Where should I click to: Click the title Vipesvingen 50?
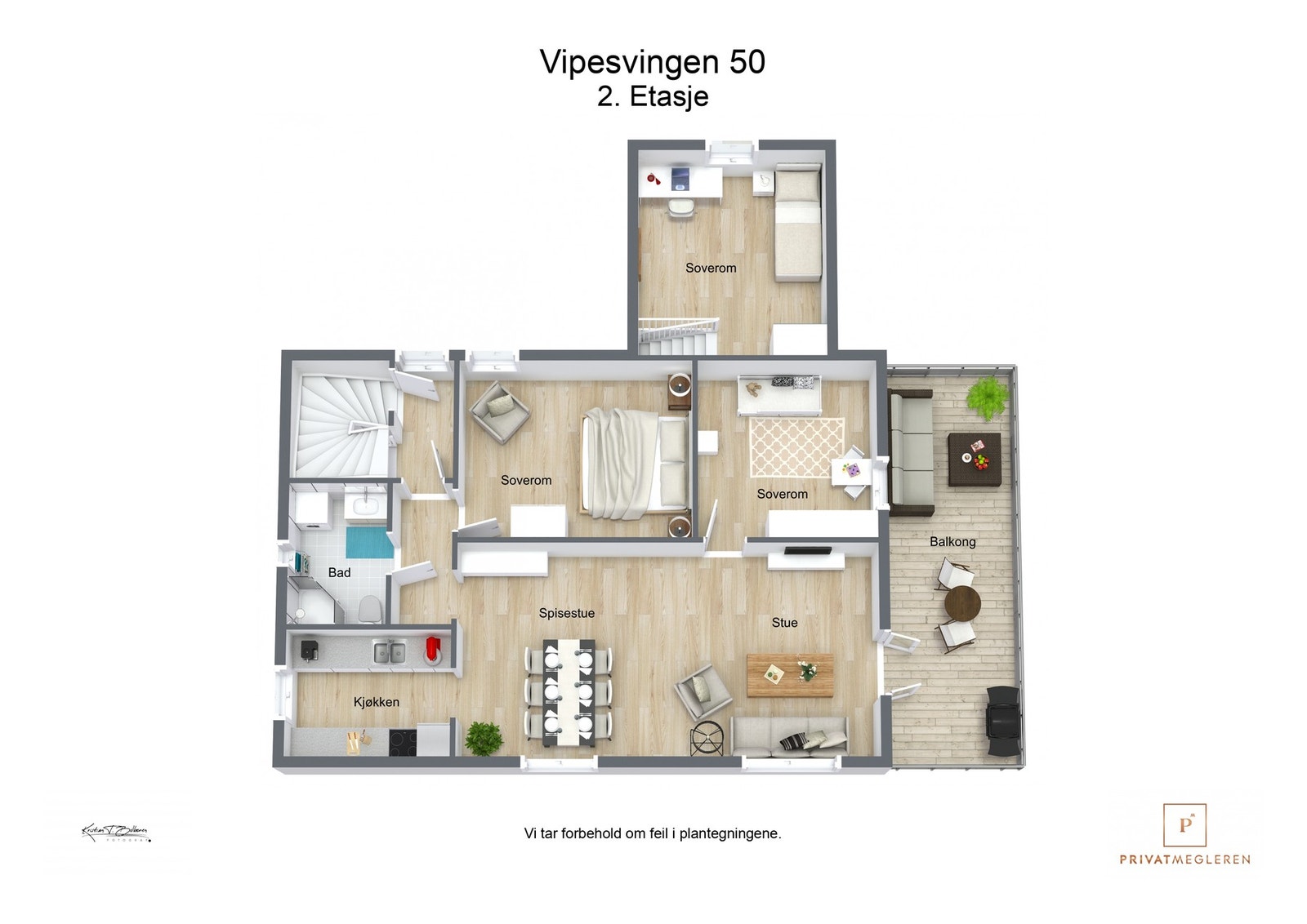click(652, 62)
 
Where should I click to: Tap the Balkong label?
click(952, 542)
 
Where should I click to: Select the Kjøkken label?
click(376, 702)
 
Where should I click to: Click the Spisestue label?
click(566, 613)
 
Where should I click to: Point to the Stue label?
click(784, 623)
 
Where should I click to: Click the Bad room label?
click(339, 573)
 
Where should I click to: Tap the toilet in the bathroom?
click(370, 607)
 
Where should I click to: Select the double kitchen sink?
click(390, 652)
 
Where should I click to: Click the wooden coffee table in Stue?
click(790, 674)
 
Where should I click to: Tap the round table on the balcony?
click(962, 605)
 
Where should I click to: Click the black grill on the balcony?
click(1003, 719)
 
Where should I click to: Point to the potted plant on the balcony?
click(988, 397)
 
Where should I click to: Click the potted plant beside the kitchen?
click(484, 738)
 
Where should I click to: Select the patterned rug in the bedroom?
click(796, 446)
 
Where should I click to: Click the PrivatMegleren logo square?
click(1184, 825)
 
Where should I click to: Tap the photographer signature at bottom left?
click(115, 833)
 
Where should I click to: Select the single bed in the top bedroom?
click(797, 224)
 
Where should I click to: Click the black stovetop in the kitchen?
click(402, 742)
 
